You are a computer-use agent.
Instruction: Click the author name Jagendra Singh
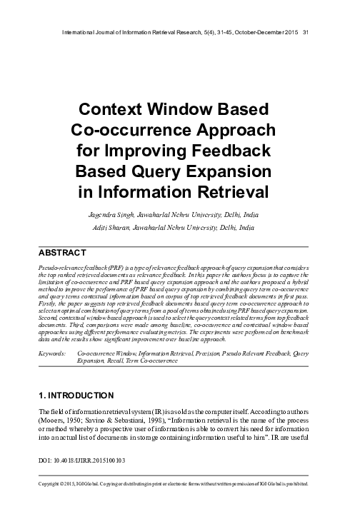click(114, 214)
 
